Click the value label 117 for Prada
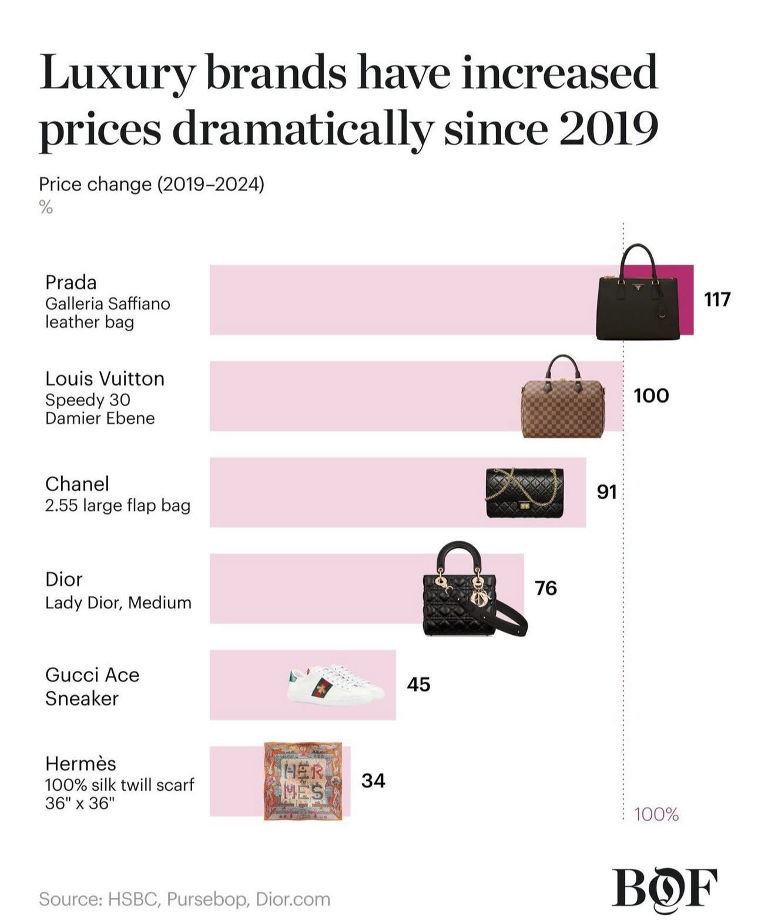717,299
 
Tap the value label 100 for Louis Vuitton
651,396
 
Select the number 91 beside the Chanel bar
606,491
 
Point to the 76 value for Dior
545,588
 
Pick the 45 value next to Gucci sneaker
418,684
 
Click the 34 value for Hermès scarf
373,781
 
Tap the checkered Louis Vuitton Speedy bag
561,400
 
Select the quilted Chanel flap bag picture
525,493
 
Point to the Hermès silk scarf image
303,781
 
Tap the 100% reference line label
656,814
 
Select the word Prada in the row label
71,283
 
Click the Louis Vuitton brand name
105,379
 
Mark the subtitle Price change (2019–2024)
151,185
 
